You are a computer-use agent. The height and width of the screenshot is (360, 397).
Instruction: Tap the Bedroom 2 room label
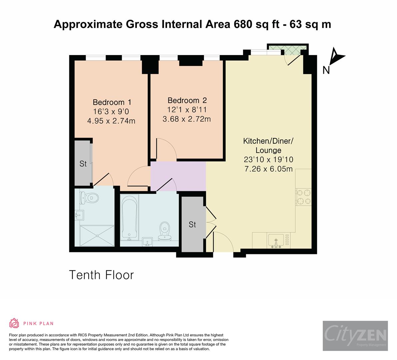pos(187,100)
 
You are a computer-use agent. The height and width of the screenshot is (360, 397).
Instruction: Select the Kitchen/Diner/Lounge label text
pos(268,145)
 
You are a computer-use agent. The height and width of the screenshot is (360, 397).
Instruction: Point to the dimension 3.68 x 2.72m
pos(187,119)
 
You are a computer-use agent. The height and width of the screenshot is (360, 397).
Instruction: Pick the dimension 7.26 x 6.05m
pos(268,169)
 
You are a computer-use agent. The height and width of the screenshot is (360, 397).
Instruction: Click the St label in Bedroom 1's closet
pos(83,164)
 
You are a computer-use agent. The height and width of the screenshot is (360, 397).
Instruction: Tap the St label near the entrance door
pos(192,225)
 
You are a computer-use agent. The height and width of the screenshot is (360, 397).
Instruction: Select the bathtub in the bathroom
pos(129,217)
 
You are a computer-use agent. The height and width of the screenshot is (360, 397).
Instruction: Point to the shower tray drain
pos(97,236)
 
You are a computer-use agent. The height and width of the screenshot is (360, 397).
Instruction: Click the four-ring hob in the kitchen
pos(303,197)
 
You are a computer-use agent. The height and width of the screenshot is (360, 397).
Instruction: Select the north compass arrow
pos(336,57)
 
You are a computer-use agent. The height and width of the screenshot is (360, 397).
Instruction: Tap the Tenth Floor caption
pos(101,275)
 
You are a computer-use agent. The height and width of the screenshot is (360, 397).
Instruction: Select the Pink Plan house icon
pos(14,323)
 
